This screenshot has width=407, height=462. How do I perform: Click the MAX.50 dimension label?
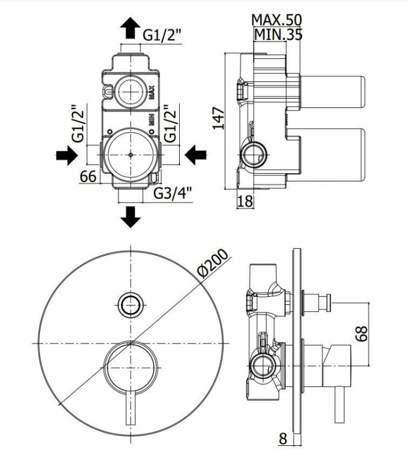(x=277, y=20)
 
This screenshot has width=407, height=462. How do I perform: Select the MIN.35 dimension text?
(x=278, y=35)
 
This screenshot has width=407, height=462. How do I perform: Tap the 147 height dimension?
(x=219, y=118)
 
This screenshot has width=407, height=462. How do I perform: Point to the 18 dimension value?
(x=245, y=201)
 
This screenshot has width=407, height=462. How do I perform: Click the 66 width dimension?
(x=88, y=177)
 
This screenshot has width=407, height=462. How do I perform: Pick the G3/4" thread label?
(x=173, y=193)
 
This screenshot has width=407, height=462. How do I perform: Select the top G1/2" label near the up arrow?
(x=162, y=36)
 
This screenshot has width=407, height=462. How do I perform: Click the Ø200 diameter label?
(x=213, y=263)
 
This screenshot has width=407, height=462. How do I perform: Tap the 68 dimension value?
(x=361, y=333)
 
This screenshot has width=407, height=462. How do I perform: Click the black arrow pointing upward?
(x=130, y=28)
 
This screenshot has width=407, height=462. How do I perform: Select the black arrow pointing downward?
(x=130, y=217)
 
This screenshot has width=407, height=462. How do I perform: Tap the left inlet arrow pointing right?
(x=67, y=155)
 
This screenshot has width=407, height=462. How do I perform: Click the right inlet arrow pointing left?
(x=196, y=155)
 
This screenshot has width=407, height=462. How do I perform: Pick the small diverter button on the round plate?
(x=131, y=305)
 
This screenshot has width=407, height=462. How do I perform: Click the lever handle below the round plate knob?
(x=130, y=408)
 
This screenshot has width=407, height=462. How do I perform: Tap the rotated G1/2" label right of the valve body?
(x=171, y=122)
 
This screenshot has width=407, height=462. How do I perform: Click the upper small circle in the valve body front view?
(x=130, y=92)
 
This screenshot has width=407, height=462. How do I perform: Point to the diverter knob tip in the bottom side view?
(x=329, y=302)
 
